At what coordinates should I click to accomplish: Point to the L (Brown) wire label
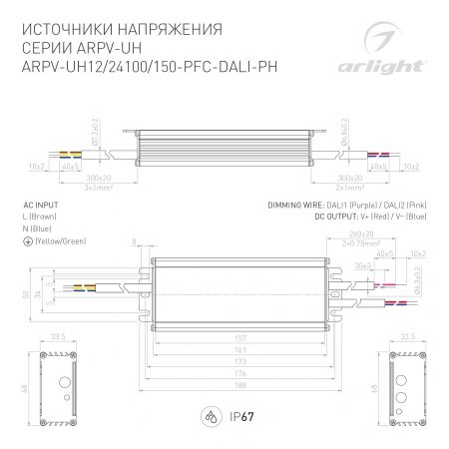coord(40,216)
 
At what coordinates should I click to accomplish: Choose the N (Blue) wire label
coord(37,228)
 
